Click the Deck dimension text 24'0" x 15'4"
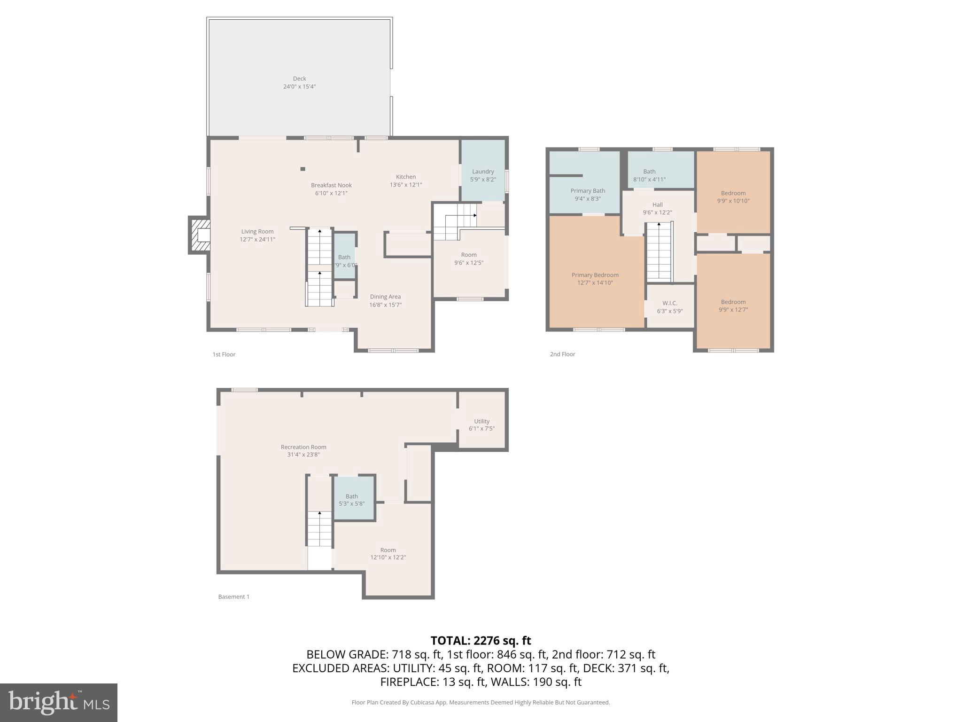[299, 86]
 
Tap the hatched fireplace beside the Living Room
[200, 235]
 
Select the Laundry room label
[483, 172]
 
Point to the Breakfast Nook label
[331, 185]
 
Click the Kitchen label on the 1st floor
[405, 177]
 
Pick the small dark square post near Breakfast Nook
[303, 169]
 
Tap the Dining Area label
[385, 297]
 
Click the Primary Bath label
[588, 190]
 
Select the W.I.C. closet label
[670, 303]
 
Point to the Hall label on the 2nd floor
[657, 204]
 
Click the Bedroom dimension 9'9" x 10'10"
[733, 201]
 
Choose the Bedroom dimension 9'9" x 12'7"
[733, 310]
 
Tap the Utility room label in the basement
[481, 421]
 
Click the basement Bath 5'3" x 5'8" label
[352, 500]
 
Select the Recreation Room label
[303, 447]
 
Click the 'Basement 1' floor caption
[233, 596]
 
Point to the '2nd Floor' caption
[562, 354]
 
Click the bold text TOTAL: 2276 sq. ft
[481, 641]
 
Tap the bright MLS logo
[59, 702]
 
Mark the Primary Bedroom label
[595, 275]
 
